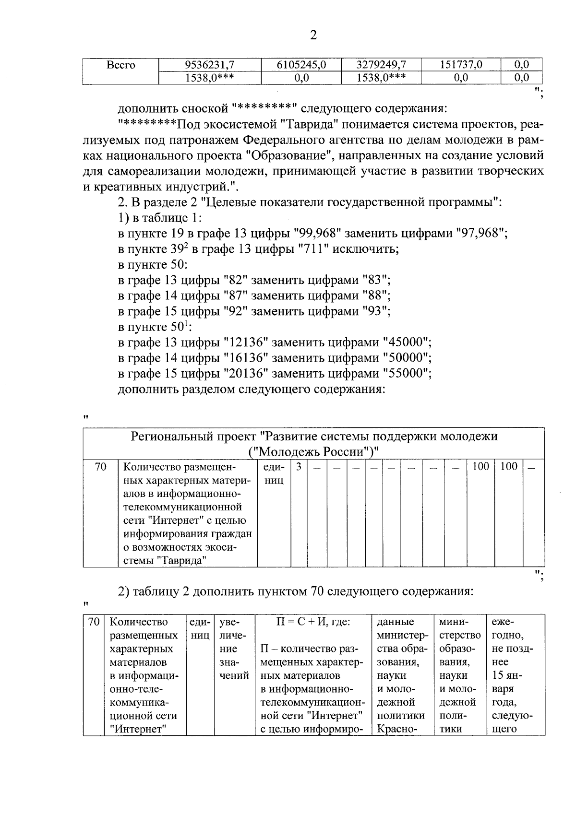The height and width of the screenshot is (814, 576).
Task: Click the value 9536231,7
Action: [212, 65]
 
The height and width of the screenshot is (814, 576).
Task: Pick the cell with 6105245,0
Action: [301, 65]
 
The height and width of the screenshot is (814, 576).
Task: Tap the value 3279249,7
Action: [381, 65]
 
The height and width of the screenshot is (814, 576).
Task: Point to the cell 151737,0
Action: [460, 65]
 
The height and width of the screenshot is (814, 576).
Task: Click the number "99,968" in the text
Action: [317, 234]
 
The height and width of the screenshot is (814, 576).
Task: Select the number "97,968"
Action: [480, 234]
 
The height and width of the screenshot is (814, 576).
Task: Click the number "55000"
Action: [406, 374]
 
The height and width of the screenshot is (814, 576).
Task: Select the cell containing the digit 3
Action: [299, 467]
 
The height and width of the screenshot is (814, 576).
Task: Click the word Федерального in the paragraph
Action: [294, 141]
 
